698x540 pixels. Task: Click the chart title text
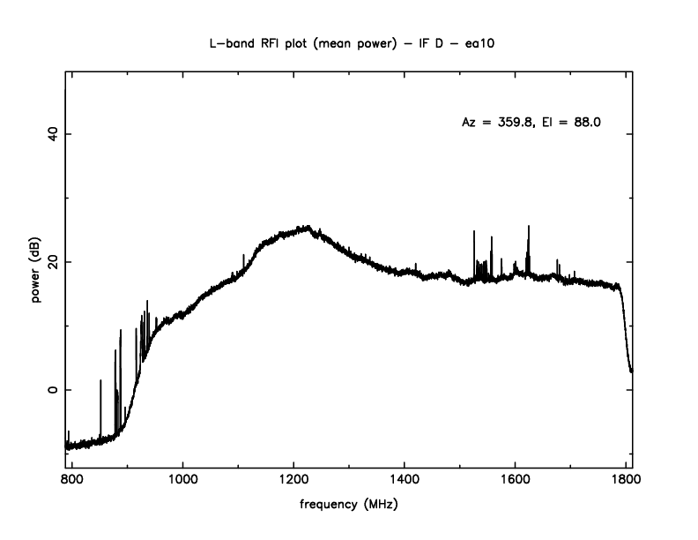pos(349,43)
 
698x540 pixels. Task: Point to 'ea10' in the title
pos(475,43)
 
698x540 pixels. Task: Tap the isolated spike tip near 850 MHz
pos(100,380)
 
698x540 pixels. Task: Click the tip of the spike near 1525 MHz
pos(474,231)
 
